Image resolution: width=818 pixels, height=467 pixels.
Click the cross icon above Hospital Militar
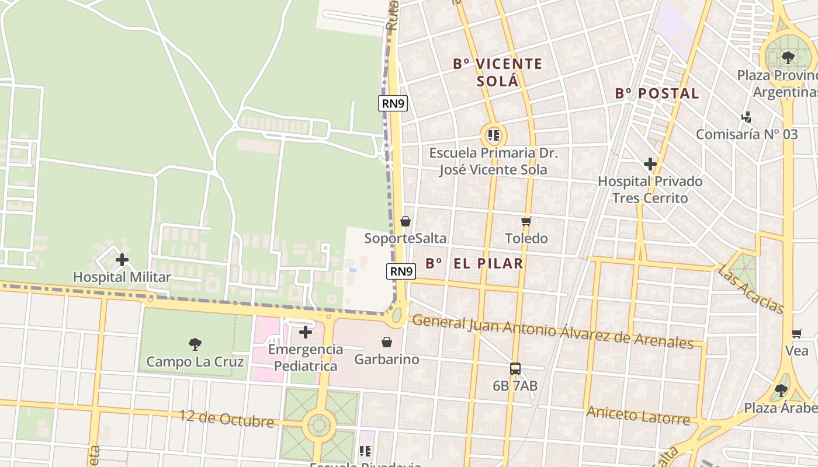coord(122,260)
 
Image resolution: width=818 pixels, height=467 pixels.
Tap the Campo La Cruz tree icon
coord(195,344)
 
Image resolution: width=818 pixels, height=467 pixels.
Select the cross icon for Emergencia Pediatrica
coord(305,332)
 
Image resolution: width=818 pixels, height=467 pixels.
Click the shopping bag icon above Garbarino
coord(386,341)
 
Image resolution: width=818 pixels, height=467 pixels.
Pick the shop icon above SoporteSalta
coord(405,221)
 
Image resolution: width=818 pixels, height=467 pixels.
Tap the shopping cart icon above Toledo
coord(526,221)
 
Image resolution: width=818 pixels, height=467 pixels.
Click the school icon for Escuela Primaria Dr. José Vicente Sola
coord(494,136)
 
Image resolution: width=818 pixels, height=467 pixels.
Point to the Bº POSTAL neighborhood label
coord(657,93)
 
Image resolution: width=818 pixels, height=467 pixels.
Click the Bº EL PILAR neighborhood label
coord(474,263)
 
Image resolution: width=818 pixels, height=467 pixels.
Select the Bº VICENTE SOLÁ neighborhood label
coord(498,72)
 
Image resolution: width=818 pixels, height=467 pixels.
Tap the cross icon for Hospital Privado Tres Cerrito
coord(650,164)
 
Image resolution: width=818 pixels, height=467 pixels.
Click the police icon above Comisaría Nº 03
coord(746,117)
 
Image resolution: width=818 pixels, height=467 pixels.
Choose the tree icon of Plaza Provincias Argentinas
coord(788,57)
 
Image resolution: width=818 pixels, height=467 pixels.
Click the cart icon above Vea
coord(796,333)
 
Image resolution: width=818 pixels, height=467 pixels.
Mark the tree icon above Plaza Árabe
coord(781,390)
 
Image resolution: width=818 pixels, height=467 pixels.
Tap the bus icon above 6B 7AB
coord(515,369)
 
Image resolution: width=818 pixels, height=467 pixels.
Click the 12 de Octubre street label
coord(226,419)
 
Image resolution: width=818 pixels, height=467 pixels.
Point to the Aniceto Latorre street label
coord(637,416)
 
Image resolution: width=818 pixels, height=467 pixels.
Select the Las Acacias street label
coord(751,288)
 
